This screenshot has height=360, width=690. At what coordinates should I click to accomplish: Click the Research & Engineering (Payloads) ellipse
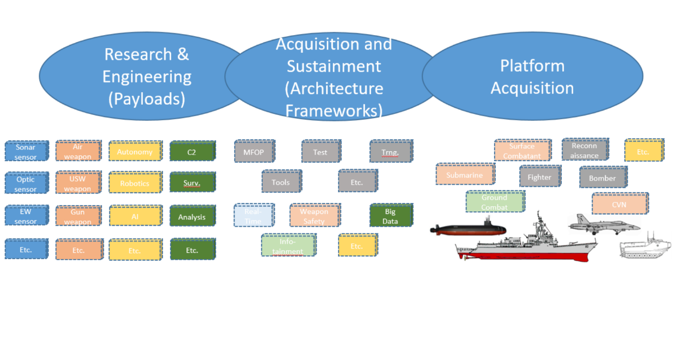point(147,76)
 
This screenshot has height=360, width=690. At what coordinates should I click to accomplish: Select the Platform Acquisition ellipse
point(532,76)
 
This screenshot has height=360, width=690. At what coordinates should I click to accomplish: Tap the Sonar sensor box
point(26,152)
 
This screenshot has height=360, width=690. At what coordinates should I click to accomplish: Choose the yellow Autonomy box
point(135,152)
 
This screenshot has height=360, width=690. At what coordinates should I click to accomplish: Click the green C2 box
point(192,152)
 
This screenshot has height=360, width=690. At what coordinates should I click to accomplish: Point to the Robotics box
point(135,184)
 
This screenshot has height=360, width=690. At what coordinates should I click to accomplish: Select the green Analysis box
point(192,217)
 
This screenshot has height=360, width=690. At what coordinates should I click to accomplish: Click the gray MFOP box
point(254,152)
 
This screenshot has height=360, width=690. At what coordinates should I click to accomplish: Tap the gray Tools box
point(281,182)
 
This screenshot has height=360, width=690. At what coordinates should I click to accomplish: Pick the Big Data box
point(391,216)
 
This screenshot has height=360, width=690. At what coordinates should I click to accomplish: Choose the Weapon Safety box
point(314,216)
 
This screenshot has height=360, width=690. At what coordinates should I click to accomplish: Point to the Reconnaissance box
point(585,151)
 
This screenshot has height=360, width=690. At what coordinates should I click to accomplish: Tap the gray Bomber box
point(603,178)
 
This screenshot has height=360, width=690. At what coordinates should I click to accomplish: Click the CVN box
point(619,205)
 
